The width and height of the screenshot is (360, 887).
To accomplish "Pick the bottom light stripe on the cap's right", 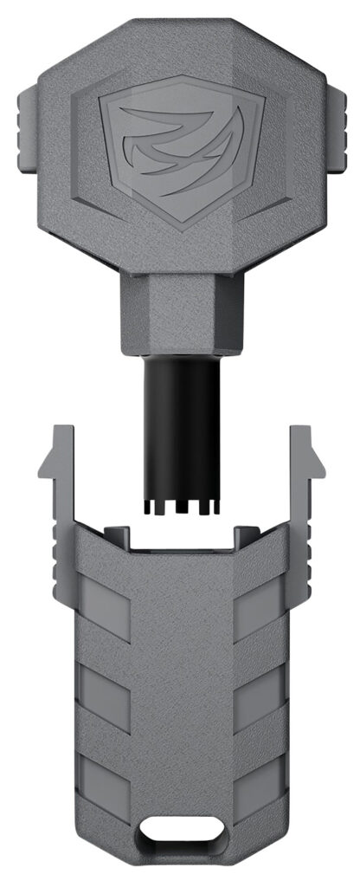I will (258, 775).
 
